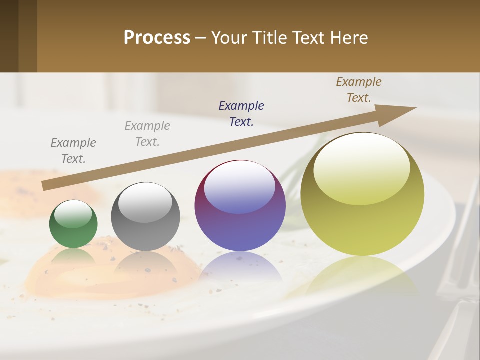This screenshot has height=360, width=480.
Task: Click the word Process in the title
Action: [x=157, y=37]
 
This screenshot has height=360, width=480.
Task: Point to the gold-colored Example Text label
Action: [x=359, y=90]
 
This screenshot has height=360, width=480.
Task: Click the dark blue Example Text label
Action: [x=241, y=113]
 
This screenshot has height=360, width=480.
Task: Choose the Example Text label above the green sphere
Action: [x=73, y=150]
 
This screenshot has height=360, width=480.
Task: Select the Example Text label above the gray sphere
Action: [x=147, y=133]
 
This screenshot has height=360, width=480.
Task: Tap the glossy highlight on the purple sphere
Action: [x=240, y=186]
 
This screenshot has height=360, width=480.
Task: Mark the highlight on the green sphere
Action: [x=73, y=213]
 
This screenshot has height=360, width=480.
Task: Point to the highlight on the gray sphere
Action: [x=145, y=201]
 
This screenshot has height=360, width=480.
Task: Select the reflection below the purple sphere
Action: [x=240, y=265]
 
